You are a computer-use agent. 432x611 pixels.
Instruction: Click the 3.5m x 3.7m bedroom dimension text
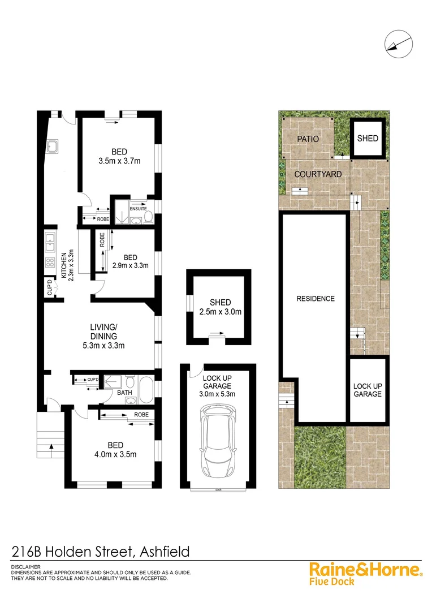(x=119, y=161)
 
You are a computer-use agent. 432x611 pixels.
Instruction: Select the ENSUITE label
(x=139, y=208)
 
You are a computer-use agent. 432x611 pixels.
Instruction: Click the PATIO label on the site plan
(x=307, y=139)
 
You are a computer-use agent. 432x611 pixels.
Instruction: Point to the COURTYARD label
(x=318, y=174)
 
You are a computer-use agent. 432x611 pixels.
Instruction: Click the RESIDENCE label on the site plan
(x=316, y=299)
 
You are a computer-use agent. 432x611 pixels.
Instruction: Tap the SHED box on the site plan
(x=368, y=139)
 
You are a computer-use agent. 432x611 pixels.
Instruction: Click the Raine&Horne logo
(x=365, y=571)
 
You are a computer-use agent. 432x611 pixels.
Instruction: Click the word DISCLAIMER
(x=26, y=566)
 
